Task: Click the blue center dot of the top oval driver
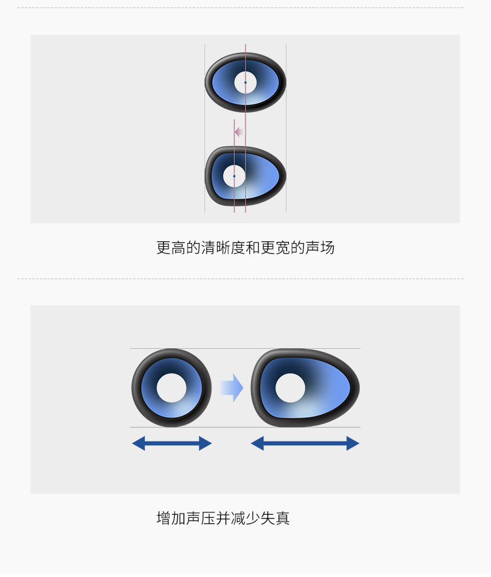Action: click(x=245, y=82)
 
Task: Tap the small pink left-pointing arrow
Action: click(x=239, y=132)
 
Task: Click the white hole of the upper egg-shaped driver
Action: click(x=234, y=176)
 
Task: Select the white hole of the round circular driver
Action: click(x=172, y=388)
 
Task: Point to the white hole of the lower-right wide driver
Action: click(x=290, y=388)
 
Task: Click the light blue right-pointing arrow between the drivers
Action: click(x=231, y=388)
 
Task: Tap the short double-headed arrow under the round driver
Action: click(x=172, y=443)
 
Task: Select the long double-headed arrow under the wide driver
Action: click(x=305, y=443)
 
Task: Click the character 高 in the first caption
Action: click(x=178, y=247)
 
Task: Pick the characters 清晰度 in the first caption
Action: click(x=223, y=247)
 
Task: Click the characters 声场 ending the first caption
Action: click(x=320, y=247)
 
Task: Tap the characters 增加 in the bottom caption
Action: click(x=171, y=517)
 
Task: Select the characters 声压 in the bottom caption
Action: click(x=201, y=517)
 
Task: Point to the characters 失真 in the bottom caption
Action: click(x=275, y=517)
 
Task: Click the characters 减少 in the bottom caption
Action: click(x=245, y=517)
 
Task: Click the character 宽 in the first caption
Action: click(x=283, y=247)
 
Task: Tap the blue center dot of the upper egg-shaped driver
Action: click(x=234, y=176)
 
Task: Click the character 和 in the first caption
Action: click(x=253, y=247)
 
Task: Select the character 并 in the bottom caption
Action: click(x=223, y=517)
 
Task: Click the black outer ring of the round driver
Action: click(x=136, y=388)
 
